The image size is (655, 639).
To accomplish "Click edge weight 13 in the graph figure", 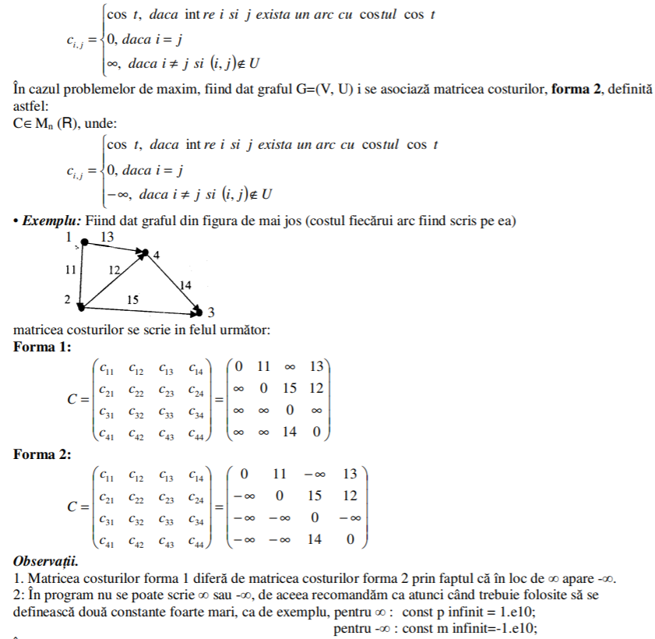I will (107, 236).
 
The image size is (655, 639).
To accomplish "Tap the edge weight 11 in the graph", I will (70, 269).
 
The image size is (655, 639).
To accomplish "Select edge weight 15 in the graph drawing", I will (132, 298).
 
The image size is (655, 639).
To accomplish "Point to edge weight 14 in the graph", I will (185, 285).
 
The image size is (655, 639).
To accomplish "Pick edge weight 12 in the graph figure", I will (114, 270).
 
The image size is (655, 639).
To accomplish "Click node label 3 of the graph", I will (211, 313).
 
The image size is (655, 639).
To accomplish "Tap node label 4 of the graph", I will (156, 256).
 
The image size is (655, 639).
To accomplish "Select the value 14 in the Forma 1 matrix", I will (290, 431).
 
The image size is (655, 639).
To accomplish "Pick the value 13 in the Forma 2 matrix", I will (350, 474).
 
